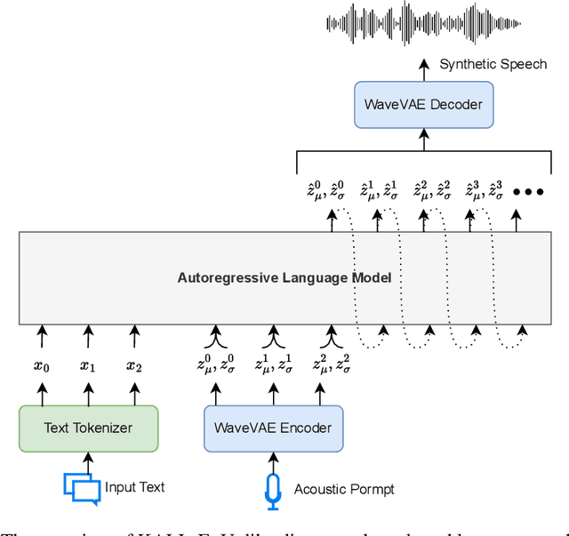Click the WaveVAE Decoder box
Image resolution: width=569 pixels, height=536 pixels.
(423, 105)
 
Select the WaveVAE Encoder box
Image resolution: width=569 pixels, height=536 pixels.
(273, 428)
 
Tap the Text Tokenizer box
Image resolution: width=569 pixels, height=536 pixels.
(88, 428)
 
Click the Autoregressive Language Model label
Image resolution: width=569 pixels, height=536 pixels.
(284, 278)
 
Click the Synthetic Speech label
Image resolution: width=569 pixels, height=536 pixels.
(493, 64)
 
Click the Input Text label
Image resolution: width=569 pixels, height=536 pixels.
(135, 487)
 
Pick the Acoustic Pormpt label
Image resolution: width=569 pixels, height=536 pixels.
(344, 489)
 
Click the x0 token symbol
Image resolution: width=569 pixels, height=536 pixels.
(41, 365)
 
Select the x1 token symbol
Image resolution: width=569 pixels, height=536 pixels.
(88, 365)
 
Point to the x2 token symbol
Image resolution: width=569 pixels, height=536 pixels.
(134, 365)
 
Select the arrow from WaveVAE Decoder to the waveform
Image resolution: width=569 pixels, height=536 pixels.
(423, 72)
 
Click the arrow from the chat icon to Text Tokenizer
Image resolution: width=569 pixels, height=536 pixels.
(88, 461)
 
